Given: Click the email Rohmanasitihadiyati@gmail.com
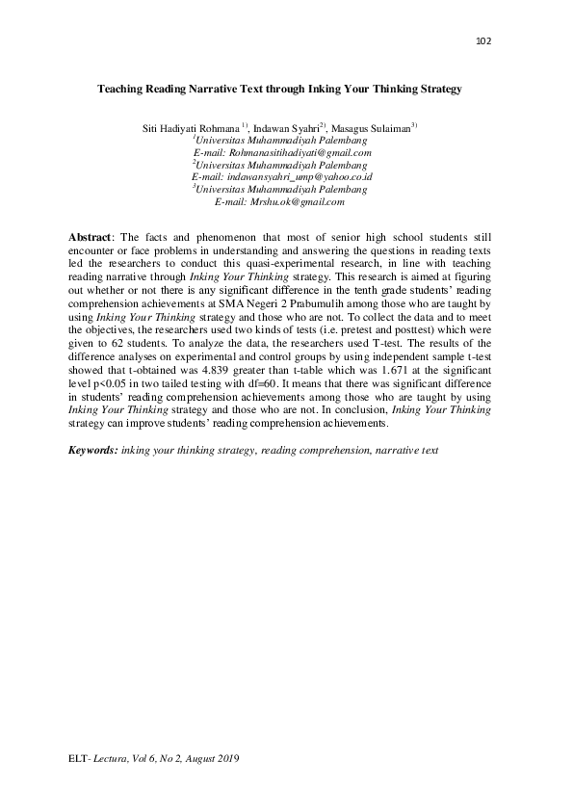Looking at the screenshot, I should (x=282, y=152).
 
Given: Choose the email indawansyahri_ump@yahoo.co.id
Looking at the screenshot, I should (x=282, y=177).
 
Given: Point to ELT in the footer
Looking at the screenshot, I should (x=77, y=760).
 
